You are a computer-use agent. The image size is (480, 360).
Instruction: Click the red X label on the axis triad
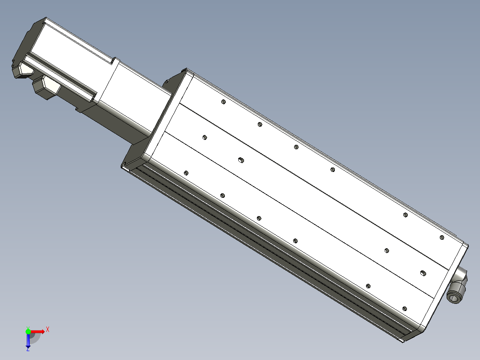pyautogui.click(x=48, y=330)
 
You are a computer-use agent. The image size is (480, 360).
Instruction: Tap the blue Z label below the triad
pyautogui.click(x=28, y=349)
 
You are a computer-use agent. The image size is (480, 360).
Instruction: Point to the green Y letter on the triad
pyautogui.click(x=28, y=328)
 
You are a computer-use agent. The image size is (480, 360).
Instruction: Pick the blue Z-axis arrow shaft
pyautogui.click(x=28, y=340)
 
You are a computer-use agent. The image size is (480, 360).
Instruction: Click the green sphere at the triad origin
pyautogui.click(x=28, y=331)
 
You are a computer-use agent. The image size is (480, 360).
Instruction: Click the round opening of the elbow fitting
pyautogui.click(x=454, y=297)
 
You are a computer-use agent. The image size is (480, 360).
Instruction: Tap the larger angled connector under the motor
pyautogui.click(x=46, y=87)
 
